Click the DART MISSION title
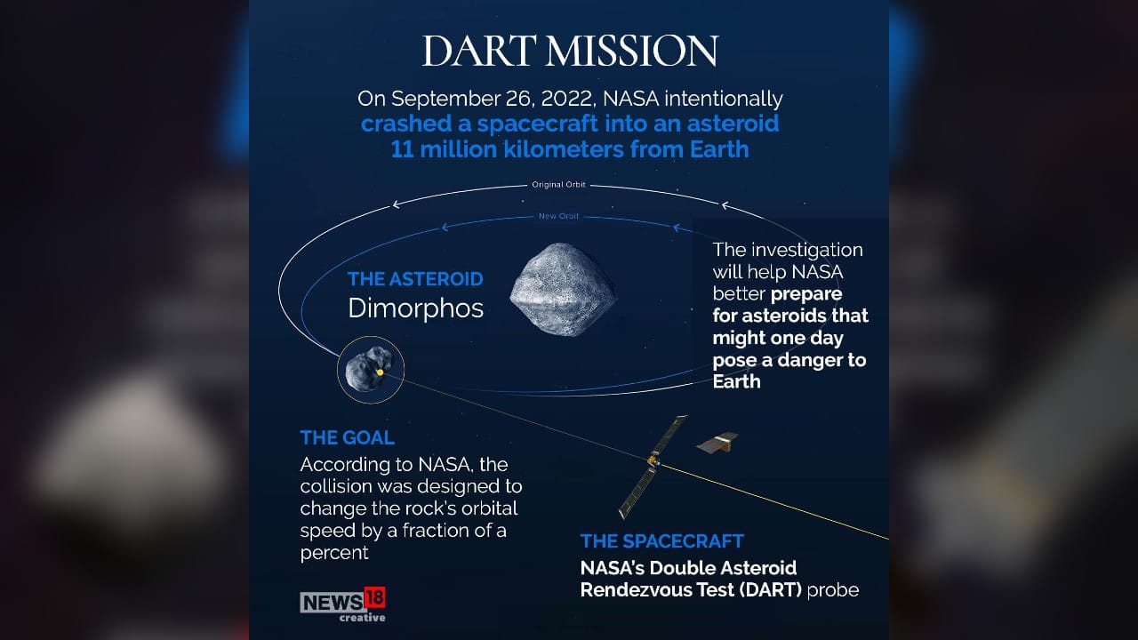(569, 52)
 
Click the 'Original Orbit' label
(557, 186)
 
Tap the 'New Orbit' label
(558, 216)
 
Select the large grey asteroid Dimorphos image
(563, 291)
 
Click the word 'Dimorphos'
(415, 308)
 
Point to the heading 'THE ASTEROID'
(415, 279)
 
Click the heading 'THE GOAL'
(347, 437)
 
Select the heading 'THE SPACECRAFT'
(661, 541)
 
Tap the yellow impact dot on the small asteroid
(381, 372)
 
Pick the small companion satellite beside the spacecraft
(717, 442)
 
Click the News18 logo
(342, 601)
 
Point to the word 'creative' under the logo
(362, 618)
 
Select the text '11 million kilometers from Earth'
(570, 148)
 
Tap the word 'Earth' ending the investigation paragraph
(736, 381)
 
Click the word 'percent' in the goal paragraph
(333, 552)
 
